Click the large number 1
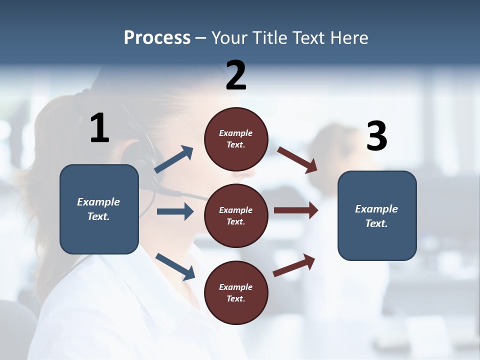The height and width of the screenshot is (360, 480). [x=99, y=128]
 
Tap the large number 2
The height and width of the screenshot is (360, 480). [x=236, y=75]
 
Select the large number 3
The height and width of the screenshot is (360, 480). [x=376, y=136]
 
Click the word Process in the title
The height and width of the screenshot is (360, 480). [x=157, y=37]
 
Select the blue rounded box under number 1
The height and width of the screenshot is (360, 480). [x=99, y=209]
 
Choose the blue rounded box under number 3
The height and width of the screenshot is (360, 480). [x=377, y=215]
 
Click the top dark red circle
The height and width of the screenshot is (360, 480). [x=236, y=139]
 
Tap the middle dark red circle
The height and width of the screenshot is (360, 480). [x=236, y=215]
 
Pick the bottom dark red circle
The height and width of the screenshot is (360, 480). [x=236, y=292]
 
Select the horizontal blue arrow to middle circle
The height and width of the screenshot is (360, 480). [x=175, y=211]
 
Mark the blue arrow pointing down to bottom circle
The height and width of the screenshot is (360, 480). [x=175, y=266]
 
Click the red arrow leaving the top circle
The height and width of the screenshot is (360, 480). [x=297, y=159]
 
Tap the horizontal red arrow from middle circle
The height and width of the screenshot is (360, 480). [x=296, y=210]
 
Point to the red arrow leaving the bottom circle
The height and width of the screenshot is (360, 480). [x=294, y=265]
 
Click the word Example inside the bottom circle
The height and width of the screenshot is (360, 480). [x=235, y=287]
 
